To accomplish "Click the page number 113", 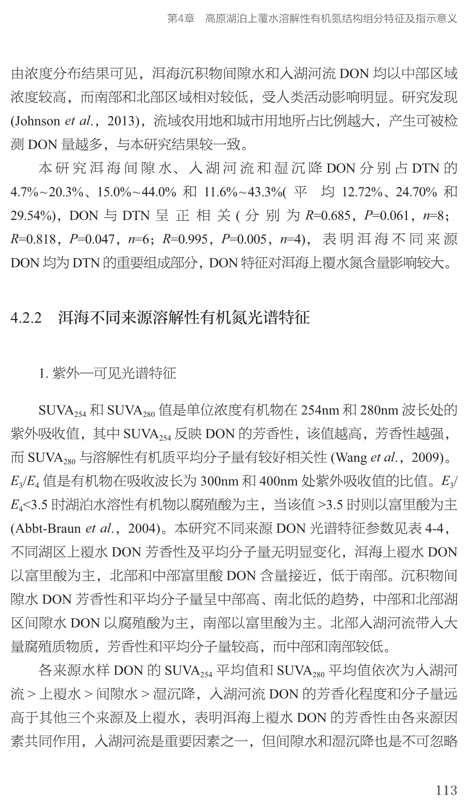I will [x=446, y=790].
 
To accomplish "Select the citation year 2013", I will [x=123, y=121].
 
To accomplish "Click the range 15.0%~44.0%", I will [x=137, y=192].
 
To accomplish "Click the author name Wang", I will [x=351, y=457].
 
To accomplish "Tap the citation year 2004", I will [x=142, y=528].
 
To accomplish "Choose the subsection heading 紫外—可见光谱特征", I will [x=114, y=374].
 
